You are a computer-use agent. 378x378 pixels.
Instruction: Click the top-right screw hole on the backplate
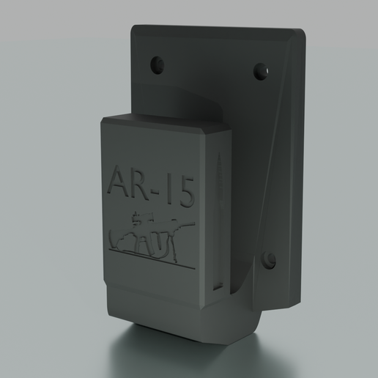pos(260,71)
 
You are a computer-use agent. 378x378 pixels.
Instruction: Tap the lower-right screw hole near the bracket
pos(269,259)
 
